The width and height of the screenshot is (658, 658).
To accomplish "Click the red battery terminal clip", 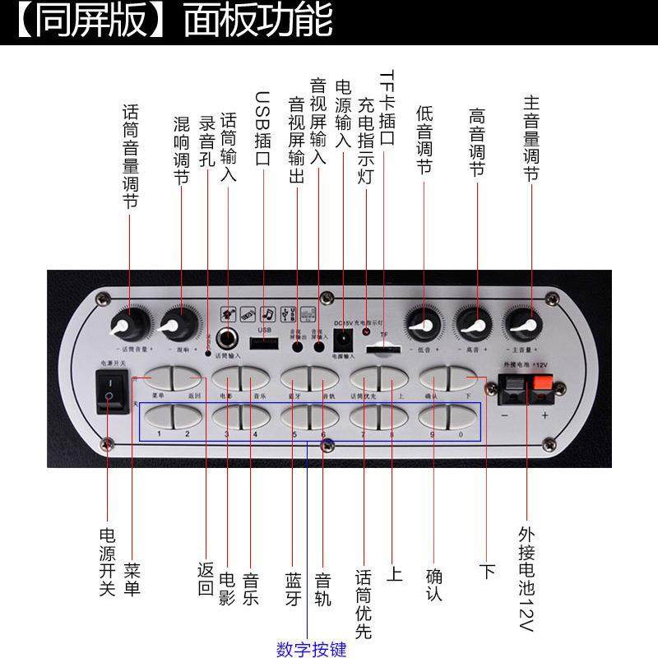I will pos(543,387).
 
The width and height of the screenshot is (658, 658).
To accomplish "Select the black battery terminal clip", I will pos(512,387).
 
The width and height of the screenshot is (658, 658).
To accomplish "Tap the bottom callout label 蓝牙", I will pos(294,588).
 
